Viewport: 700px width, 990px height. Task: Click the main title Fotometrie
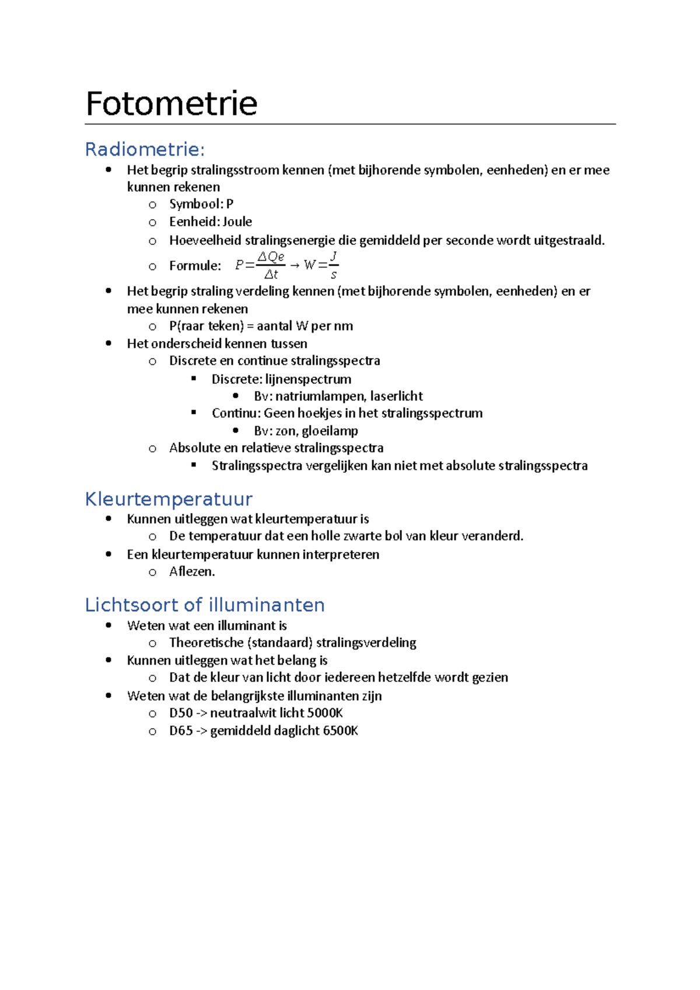coord(171,104)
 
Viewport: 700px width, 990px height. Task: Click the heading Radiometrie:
coord(145,150)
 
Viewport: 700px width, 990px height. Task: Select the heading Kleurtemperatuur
coord(169,499)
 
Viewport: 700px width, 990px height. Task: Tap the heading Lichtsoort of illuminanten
coord(205,605)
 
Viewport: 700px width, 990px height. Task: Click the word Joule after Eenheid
coord(237,222)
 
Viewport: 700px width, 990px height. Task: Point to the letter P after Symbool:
coord(230,204)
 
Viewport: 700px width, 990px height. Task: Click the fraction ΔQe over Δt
coord(271,265)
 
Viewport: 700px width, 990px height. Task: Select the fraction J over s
coord(333,265)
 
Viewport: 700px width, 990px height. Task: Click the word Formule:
coord(195,266)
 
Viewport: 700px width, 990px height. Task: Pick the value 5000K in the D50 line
coord(325,713)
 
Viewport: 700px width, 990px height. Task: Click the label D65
coord(181,731)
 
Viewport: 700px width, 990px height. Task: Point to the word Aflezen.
coord(192,571)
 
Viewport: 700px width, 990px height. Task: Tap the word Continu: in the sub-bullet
coord(236,413)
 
